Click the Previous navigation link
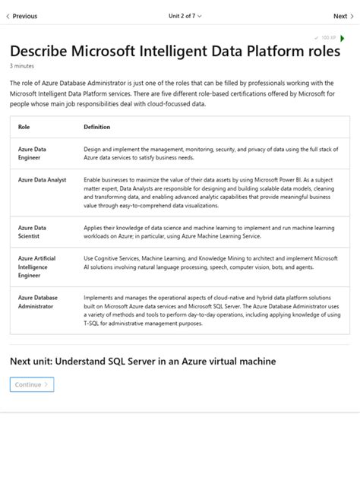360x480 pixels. tap(22, 16)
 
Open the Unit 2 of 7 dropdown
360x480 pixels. tap(185, 16)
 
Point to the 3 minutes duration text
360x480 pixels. tap(22, 66)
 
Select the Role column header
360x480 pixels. tap(24, 127)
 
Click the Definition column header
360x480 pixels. tap(96, 127)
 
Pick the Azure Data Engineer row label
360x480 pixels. tap(32, 153)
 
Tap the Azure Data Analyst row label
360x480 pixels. tap(42, 180)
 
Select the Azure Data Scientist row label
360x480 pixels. tap(32, 232)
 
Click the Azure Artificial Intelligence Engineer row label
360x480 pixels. tap(36, 267)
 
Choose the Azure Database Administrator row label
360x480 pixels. tap(37, 302)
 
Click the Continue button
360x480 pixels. tap(32, 384)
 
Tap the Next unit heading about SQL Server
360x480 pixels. tap(143, 362)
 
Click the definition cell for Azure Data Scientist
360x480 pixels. tap(209, 232)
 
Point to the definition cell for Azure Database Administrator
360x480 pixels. tap(211, 310)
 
